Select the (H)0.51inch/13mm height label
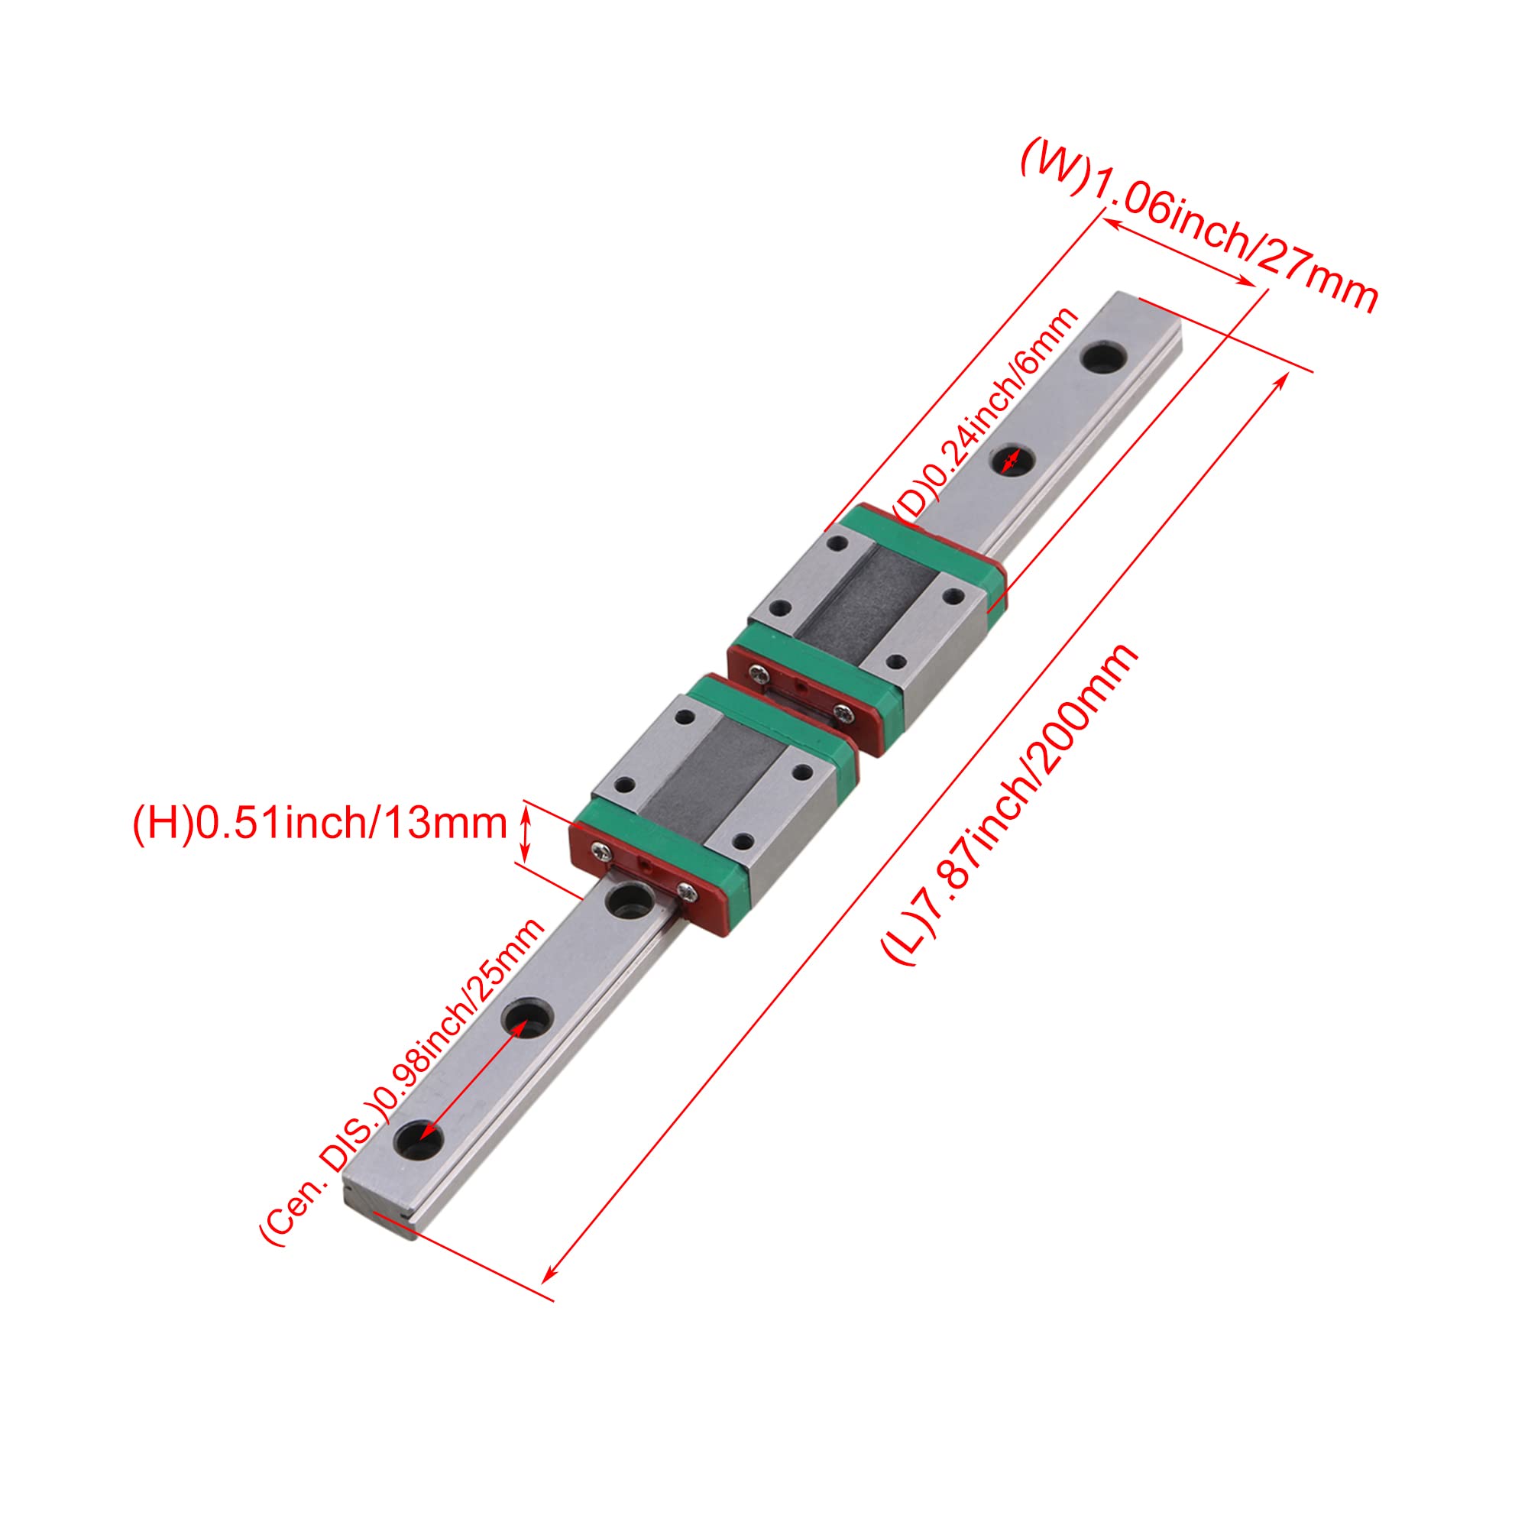319,825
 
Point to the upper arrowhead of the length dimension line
1284,377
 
